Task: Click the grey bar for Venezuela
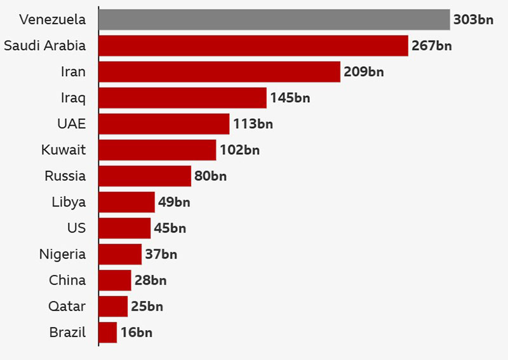274,20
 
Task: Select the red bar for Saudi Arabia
253,46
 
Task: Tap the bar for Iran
220,72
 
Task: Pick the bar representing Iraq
183,98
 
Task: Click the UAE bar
164,124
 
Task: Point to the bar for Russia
145,176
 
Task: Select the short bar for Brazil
108,332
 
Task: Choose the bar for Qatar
113,306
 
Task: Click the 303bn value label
473,20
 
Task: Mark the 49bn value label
174,202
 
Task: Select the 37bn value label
161,254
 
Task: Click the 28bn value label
150,280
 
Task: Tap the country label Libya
69,202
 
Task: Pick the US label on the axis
76,228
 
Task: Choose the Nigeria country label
62,254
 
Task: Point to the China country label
67,280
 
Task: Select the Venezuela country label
52,20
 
